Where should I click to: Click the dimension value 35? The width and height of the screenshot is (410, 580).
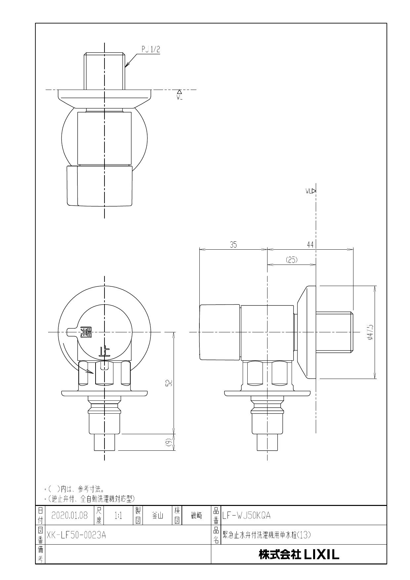pyautogui.click(x=233, y=245)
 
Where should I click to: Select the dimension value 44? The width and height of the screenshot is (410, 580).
pyautogui.click(x=310, y=245)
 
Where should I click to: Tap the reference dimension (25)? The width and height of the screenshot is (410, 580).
pyautogui.click(x=291, y=260)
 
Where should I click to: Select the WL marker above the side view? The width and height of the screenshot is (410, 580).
pyautogui.click(x=310, y=191)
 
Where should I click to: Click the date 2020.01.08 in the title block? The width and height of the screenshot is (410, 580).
pyautogui.click(x=69, y=516)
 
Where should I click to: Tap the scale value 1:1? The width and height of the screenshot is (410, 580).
pyautogui.click(x=118, y=516)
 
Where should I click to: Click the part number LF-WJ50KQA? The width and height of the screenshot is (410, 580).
pyautogui.click(x=247, y=516)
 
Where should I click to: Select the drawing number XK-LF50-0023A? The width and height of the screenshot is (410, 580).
pyautogui.click(x=76, y=535)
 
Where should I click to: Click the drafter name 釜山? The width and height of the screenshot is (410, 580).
pyautogui.click(x=157, y=516)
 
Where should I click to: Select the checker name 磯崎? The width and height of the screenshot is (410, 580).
pyautogui.click(x=196, y=516)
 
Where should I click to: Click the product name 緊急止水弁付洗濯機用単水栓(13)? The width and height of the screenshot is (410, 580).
pyautogui.click(x=266, y=535)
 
